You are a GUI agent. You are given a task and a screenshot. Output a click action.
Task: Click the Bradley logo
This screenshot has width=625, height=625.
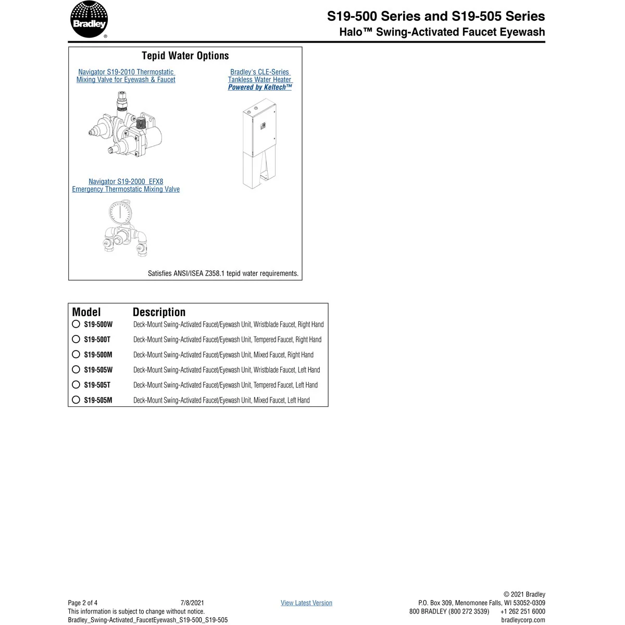(89, 20)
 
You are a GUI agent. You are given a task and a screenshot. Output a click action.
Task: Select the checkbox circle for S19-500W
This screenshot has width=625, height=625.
(76, 324)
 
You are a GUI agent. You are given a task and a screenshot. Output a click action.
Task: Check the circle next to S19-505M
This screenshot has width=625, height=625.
(76, 400)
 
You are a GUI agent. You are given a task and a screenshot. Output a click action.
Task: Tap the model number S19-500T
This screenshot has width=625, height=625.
(97, 340)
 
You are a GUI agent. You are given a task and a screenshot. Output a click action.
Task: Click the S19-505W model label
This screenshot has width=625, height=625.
(98, 370)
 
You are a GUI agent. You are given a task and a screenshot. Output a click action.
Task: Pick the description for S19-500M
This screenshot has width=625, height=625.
(223, 355)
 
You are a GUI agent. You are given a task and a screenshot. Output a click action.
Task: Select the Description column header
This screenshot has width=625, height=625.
(159, 312)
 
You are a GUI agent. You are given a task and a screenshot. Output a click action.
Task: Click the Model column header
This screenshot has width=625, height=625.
(86, 312)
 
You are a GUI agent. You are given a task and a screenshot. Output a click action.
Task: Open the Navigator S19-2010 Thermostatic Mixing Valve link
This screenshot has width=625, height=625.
(126, 76)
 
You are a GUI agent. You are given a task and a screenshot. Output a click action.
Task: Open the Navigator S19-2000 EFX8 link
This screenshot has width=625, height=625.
(126, 185)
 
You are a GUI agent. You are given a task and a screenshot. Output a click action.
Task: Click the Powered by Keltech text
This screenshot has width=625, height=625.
(260, 87)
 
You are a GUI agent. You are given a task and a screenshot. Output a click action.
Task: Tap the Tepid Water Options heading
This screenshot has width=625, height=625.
(185, 56)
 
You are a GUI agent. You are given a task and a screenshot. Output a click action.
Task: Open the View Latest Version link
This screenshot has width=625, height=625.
(306, 603)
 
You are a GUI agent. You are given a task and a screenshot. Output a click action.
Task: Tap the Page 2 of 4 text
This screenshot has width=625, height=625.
(83, 603)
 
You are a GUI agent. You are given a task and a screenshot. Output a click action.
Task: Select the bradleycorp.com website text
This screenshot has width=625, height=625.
(523, 620)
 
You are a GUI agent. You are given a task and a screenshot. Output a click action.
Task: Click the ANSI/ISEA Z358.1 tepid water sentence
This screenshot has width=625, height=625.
(223, 273)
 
